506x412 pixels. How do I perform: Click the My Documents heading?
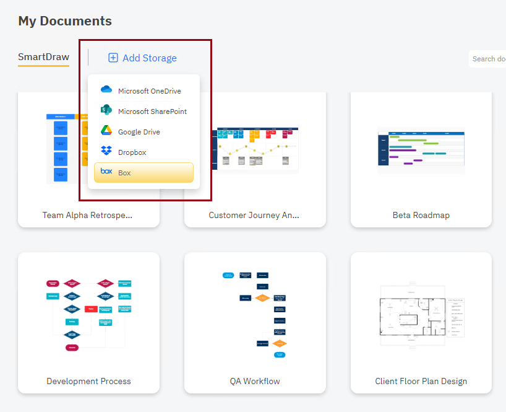pos(65,21)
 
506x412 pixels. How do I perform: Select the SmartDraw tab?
pos(43,58)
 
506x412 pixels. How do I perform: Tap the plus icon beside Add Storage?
pos(113,58)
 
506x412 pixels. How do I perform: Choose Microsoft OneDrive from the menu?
pos(149,91)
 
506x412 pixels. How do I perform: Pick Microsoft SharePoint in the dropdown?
pos(152,112)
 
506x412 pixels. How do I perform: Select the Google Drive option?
pos(139,132)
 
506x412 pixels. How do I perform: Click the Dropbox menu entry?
pos(132,152)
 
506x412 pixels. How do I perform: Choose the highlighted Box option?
pos(144,173)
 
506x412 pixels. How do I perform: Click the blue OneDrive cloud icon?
pos(106,90)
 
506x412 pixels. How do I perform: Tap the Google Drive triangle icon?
pos(106,131)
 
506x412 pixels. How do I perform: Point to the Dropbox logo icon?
pos(106,151)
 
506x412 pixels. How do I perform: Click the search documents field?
pos(489,59)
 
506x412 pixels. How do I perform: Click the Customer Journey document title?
pos(254,216)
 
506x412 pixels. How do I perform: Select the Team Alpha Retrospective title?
pos(88,216)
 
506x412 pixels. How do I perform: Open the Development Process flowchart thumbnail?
pos(88,313)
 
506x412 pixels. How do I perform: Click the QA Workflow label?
pos(255,381)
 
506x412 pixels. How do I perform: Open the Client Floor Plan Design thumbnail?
pos(421,313)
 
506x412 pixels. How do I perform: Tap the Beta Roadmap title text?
pos(421,216)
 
